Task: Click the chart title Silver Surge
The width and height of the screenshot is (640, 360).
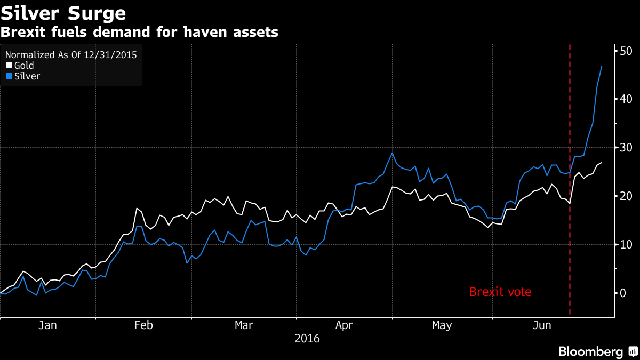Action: [x=63, y=12]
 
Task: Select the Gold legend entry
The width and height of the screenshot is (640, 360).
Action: [x=24, y=66]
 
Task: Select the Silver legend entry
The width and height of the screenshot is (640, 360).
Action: [x=27, y=76]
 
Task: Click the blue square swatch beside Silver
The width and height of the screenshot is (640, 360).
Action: [x=9, y=76]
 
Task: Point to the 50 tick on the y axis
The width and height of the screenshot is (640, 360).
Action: [x=626, y=51]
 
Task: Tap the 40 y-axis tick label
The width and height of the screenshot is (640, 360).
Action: [x=626, y=99]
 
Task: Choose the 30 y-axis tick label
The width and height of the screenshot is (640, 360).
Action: [x=626, y=148]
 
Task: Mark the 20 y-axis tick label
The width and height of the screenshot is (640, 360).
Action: [x=626, y=196]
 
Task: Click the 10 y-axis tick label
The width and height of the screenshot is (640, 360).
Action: [x=626, y=245]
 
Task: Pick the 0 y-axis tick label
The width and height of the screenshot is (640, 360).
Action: [x=623, y=293]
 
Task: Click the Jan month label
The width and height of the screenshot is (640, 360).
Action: [x=47, y=325]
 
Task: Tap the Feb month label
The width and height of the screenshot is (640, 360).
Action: [x=143, y=325]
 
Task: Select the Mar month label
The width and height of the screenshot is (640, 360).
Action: [x=244, y=325]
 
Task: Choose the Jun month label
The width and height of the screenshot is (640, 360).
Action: [x=542, y=325]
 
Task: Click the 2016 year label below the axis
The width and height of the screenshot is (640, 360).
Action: [x=307, y=339]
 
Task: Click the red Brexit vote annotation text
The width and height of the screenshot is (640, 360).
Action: [x=500, y=292]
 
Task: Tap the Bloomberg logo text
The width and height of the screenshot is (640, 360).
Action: [x=590, y=351]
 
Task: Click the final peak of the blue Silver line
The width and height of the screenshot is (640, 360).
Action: [x=602, y=66]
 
